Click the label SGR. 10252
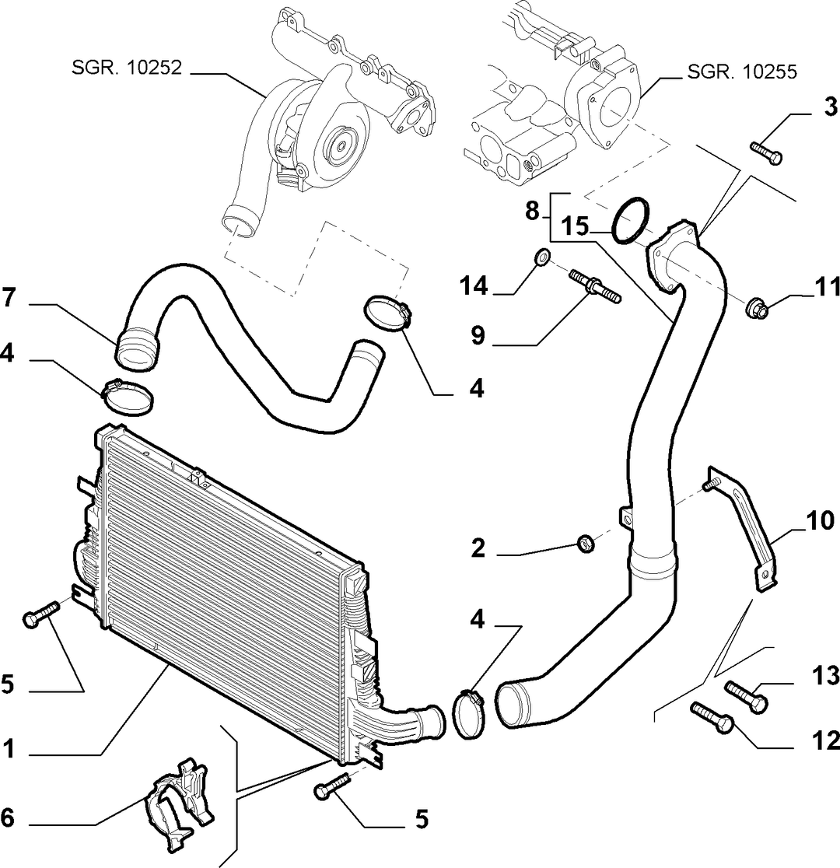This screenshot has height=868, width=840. (126, 68)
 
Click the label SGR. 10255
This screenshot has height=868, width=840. (742, 72)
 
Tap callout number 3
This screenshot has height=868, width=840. (830, 107)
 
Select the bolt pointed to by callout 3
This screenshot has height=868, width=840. (766, 152)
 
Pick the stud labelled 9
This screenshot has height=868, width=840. (595, 285)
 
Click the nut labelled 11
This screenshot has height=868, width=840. (758, 308)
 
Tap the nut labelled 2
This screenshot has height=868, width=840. (586, 543)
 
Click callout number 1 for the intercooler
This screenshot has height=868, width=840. (8, 749)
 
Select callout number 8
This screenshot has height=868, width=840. (531, 210)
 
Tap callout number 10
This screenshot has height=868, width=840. (820, 521)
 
